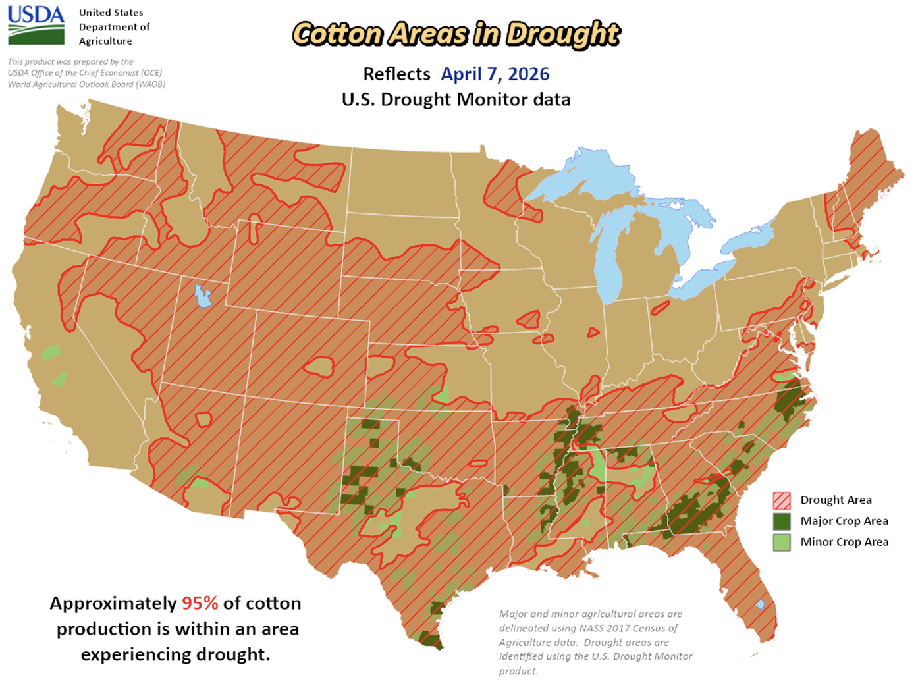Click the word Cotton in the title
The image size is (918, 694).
point(337,34)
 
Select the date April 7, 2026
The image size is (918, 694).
point(495,74)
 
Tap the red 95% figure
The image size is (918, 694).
point(200,603)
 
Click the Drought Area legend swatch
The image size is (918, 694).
point(782,500)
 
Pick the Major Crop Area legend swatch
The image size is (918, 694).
point(782,521)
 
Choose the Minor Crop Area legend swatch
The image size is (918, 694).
point(782,543)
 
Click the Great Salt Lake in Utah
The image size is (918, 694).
point(202,296)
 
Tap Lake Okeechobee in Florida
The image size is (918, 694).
point(760,604)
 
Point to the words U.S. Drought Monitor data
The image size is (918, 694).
point(456,100)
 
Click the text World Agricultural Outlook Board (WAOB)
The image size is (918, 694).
point(86,84)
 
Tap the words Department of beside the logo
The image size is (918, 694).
point(114,27)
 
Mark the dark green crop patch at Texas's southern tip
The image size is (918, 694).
point(429,639)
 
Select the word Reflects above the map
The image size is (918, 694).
point(396,74)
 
